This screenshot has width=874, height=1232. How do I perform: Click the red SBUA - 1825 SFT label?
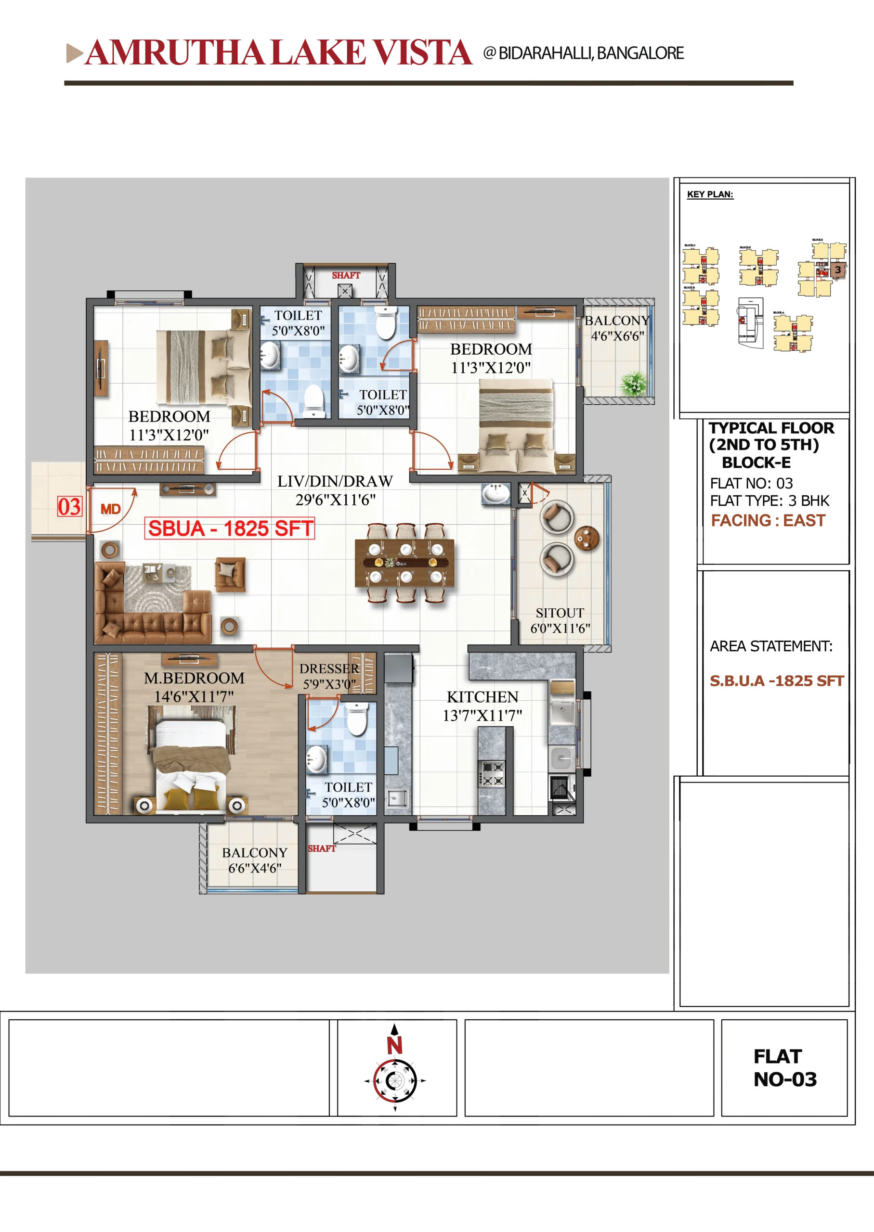(x=230, y=528)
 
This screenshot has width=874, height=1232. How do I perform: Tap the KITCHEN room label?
(x=482, y=697)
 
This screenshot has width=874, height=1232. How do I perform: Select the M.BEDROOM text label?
(x=194, y=678)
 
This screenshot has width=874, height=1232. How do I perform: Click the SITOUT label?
(x=560, y=613)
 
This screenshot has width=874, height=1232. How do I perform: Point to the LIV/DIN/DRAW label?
(x=335, y=481)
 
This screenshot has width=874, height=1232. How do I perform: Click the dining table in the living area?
(x=404, y=563)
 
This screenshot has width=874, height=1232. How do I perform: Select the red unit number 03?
(x=69, y=507)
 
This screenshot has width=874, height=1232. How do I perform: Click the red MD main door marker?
(x=111, y=509)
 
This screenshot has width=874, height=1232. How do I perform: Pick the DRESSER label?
(x=329, y=668)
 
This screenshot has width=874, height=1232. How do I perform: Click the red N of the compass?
(x=394, y=1045)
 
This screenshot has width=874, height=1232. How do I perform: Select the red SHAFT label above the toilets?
(x=346, y=275)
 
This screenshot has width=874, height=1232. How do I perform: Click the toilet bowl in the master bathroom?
(x=356, y=719)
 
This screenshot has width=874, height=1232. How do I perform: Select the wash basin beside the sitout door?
(x=496, y=493)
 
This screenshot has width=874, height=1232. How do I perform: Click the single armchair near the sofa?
(x=230, y=574)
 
